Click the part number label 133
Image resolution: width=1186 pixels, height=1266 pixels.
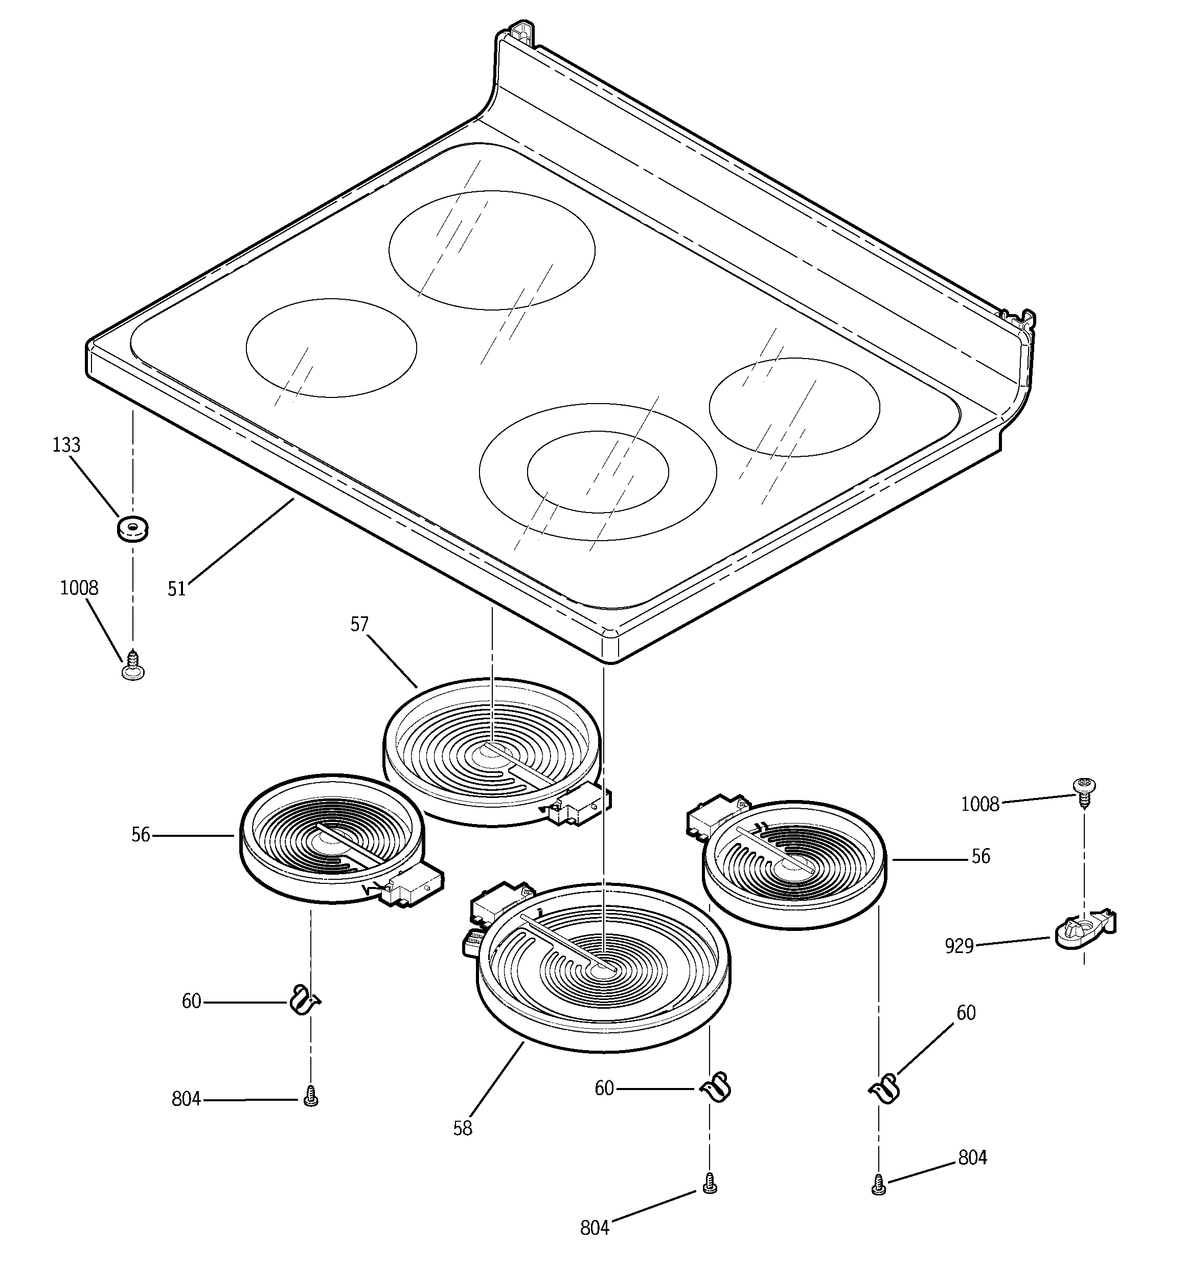coord(66,445)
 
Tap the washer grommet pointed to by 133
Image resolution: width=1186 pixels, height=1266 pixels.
coord(132,528)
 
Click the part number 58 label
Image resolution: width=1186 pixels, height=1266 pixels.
coord(463,1128)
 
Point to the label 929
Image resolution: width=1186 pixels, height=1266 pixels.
coord(959,946)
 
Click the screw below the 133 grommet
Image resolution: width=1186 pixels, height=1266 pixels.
coord(133,665)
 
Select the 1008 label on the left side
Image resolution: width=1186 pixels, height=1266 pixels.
coord(79,588)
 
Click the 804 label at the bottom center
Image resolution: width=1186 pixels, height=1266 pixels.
coord(595,1228)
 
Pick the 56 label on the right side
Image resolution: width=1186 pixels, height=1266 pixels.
coord(980,856)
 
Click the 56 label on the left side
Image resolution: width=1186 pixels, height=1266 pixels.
coord(141,835)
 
